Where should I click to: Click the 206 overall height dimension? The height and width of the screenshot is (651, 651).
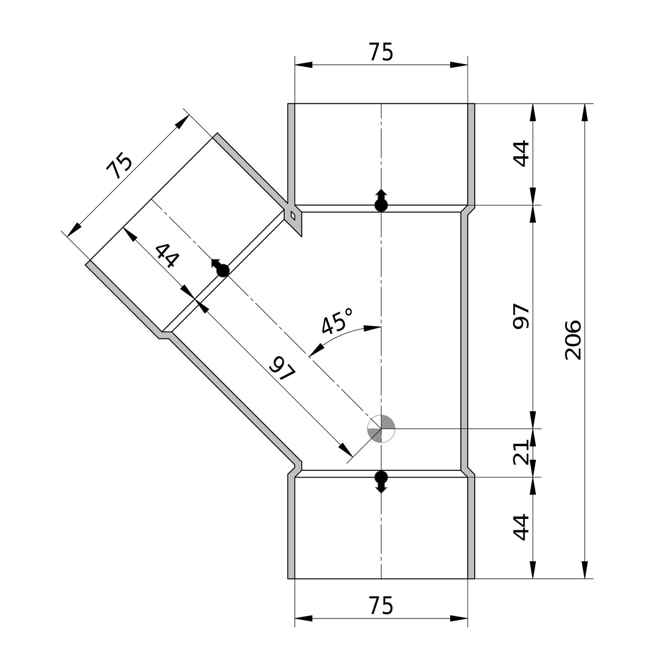573,340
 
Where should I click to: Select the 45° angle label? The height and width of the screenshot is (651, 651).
337,320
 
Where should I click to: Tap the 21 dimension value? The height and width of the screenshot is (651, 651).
521,452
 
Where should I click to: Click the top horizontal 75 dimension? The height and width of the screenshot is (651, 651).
381,52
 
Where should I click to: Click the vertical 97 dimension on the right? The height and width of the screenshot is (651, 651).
521,316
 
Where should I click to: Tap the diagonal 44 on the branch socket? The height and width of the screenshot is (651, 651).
167,256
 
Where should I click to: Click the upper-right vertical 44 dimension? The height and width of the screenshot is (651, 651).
521,154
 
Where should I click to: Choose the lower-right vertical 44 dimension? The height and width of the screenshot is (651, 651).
521,527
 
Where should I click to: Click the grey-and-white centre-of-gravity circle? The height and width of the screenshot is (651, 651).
381,428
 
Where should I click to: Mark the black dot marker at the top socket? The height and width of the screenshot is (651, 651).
381,205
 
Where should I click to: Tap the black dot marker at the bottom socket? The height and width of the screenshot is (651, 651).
381,477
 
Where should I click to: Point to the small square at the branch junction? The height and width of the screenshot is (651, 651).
293,216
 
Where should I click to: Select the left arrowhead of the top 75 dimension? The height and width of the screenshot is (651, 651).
303,65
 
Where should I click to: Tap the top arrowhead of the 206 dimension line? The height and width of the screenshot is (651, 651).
585,112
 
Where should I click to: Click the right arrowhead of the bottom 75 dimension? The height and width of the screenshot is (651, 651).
459,618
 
